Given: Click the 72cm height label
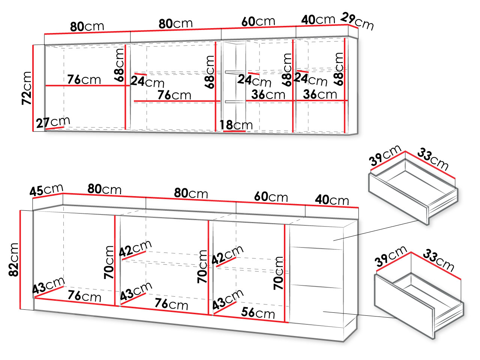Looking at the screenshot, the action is click(x=27, y=88).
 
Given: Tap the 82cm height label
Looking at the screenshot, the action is click(x=13, y=259).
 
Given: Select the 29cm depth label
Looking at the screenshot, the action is click(x=357, y=21).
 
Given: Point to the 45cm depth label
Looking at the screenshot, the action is click(x=46, y=190).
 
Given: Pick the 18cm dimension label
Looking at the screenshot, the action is click(x=236, y=125).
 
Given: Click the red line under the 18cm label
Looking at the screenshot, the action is click(x=234, y=131).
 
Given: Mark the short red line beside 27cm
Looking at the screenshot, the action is click(x=55, y=128).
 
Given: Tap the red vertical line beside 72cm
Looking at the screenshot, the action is click(x=33, y=88).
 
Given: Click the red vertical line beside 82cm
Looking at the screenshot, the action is click(x=20, y=259).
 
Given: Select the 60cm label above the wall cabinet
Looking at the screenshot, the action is click(x=258, y=21).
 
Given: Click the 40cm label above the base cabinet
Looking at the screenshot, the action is click(x=332, y=200).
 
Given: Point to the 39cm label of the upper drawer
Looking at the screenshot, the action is click(x=385, y=155).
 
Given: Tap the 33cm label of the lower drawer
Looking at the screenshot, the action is click(x=438, y=260).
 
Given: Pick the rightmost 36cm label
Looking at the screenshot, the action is click(x=320, y=94).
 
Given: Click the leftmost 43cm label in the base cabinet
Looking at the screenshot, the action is click(x=48, y=285).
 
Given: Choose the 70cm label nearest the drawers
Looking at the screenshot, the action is click(x=278, y=273).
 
